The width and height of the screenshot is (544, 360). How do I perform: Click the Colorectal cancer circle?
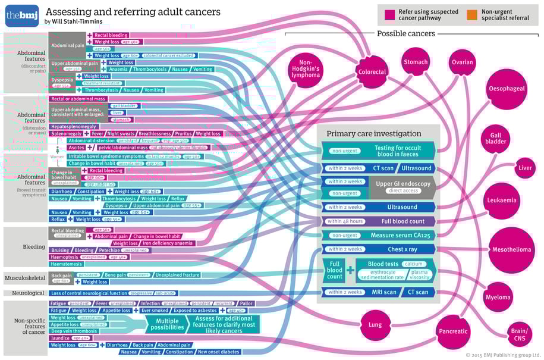tap(372, 71)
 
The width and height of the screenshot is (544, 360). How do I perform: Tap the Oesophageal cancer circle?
tap(507, 89)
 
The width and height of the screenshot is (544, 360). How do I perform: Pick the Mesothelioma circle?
tap(511, 249)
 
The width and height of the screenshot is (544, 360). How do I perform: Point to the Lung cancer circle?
tap(375, 324)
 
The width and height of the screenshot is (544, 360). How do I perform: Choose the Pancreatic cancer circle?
tap(453, 331)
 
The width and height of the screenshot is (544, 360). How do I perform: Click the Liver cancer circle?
tap(525, 168)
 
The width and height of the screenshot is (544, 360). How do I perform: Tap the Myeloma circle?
tap(497, 297)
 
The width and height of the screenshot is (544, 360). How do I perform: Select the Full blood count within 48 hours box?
tap(379, 221)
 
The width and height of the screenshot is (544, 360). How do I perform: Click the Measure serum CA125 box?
tap(379, 235)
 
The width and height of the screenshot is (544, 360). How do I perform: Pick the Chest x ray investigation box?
tap(379, 249)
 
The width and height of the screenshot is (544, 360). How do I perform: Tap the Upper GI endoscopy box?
tap(403, 187)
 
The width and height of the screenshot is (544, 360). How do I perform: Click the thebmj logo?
tap(22, 15)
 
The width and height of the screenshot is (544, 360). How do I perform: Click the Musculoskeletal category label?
tap(25, 278)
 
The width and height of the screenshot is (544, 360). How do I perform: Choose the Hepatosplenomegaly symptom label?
tap(74, 126)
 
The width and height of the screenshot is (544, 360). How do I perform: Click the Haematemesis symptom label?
tap(67, 264)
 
